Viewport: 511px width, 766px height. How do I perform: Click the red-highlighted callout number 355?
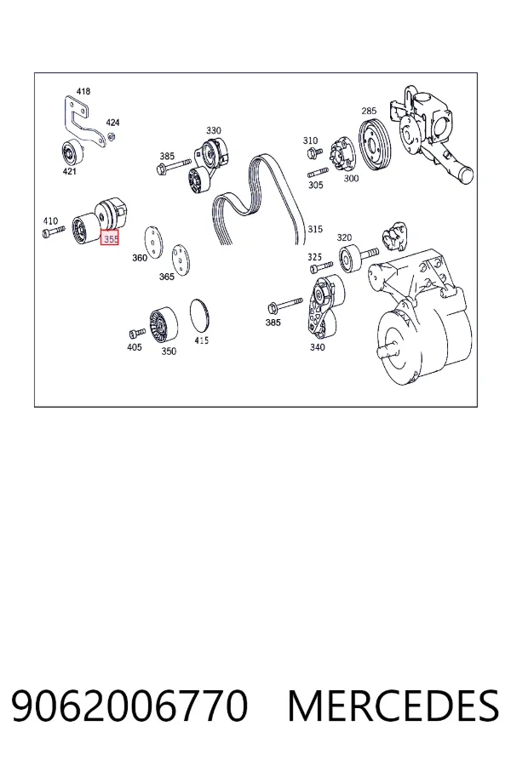pyautogui.click(x=110, y=239)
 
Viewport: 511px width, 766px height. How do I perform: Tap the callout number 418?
pyautogui.click(x=83, y=91)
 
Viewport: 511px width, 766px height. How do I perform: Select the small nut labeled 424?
pyautogui.click(x=111, y=136)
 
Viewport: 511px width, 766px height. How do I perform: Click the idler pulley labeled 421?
pyautogui.click(x=72, y=153)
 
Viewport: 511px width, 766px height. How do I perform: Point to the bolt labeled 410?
pyautogui.click(x=54, y=231)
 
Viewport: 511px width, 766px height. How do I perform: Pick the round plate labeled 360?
pyautogui.click(x=153, y=242)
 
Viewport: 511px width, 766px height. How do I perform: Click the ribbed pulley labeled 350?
pyautogui.click(x=164, y=324)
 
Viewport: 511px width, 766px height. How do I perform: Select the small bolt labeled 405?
pyautogui.click(x=137, y=333)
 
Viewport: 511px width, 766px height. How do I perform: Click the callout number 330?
pyautogui.click(x=213, y=130)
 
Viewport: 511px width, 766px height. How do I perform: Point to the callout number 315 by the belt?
pyautogui.click(x=315, y=229)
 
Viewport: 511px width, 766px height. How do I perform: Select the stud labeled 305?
pyautogui.click(x=318, y=173)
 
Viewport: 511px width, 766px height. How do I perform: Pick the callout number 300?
pyautogui.click(x=351, y=179)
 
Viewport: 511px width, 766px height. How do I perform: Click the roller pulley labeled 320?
pyautogui.click(x=351, y=260)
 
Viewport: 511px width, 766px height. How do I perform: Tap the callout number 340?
pyautogui.click(x=318, y=347)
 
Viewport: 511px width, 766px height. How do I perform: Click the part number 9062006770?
pyautogui.click(x=129, y=706)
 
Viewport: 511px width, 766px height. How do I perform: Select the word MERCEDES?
pyautogui.click(x=393, y=706)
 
